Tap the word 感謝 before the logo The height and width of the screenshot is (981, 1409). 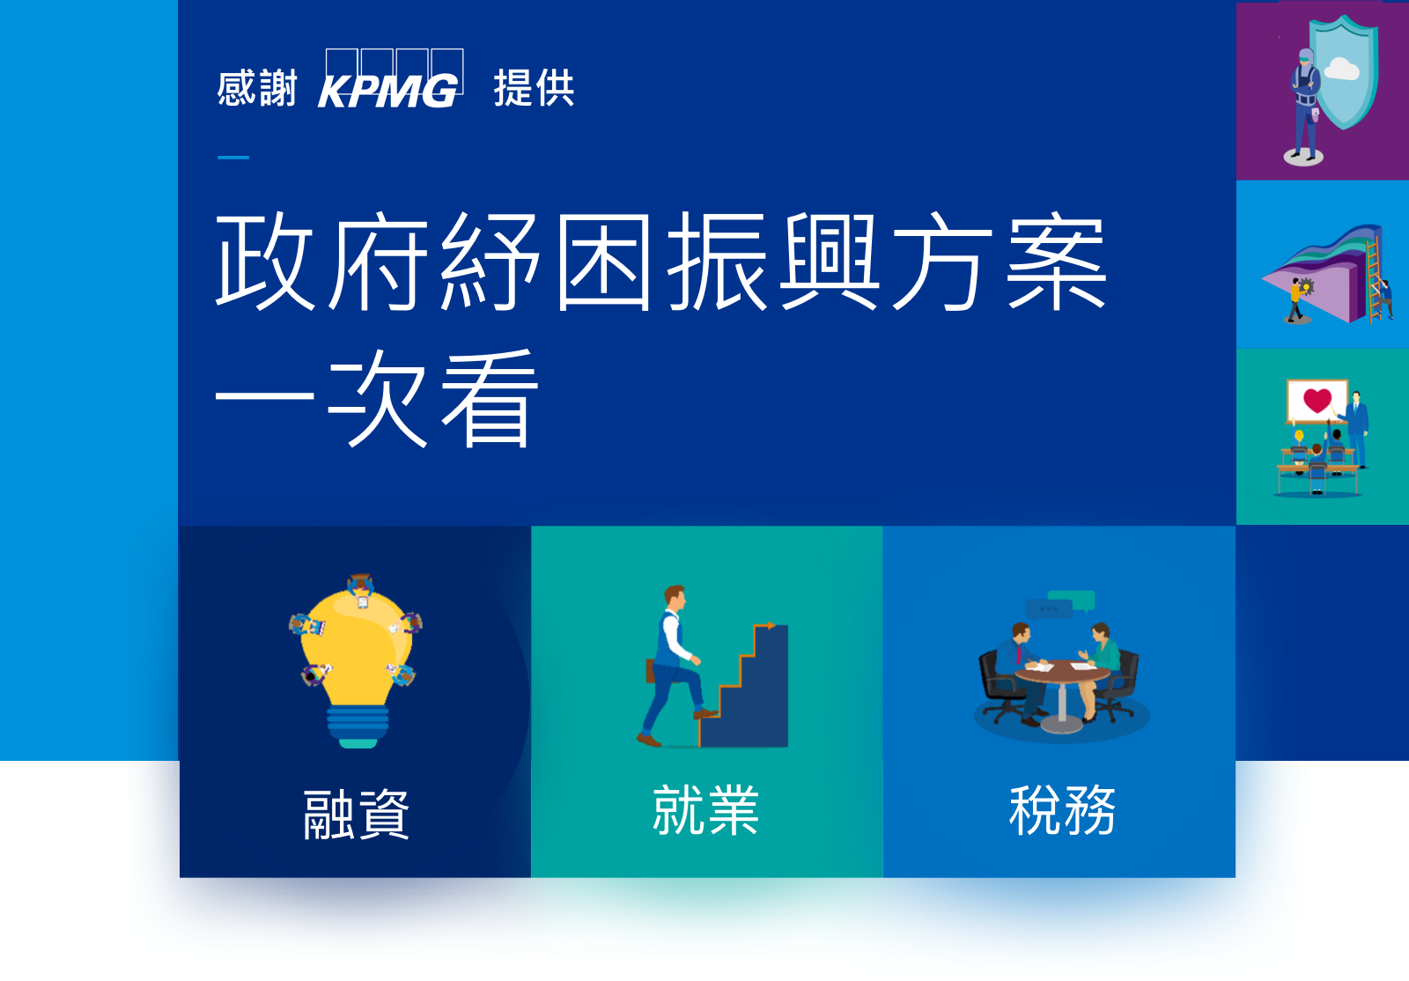[256, 88]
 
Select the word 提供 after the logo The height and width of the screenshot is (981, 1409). [534, 88]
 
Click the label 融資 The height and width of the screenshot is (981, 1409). [356, 815]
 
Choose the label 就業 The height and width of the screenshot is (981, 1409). [705, 810]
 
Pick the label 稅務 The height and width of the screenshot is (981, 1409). [1062, 810]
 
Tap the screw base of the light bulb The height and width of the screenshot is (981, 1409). [358, 727]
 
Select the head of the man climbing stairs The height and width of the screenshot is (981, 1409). [675, 597]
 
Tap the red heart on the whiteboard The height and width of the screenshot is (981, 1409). [1317, 400]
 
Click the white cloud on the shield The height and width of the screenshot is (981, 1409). [1342, 70]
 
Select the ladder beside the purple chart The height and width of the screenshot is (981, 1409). [1374, 280]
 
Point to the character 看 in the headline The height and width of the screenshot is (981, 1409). [490, 399]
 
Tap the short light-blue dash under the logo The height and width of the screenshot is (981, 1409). [233, 158]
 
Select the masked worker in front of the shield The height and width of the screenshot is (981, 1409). [1305, 104]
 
